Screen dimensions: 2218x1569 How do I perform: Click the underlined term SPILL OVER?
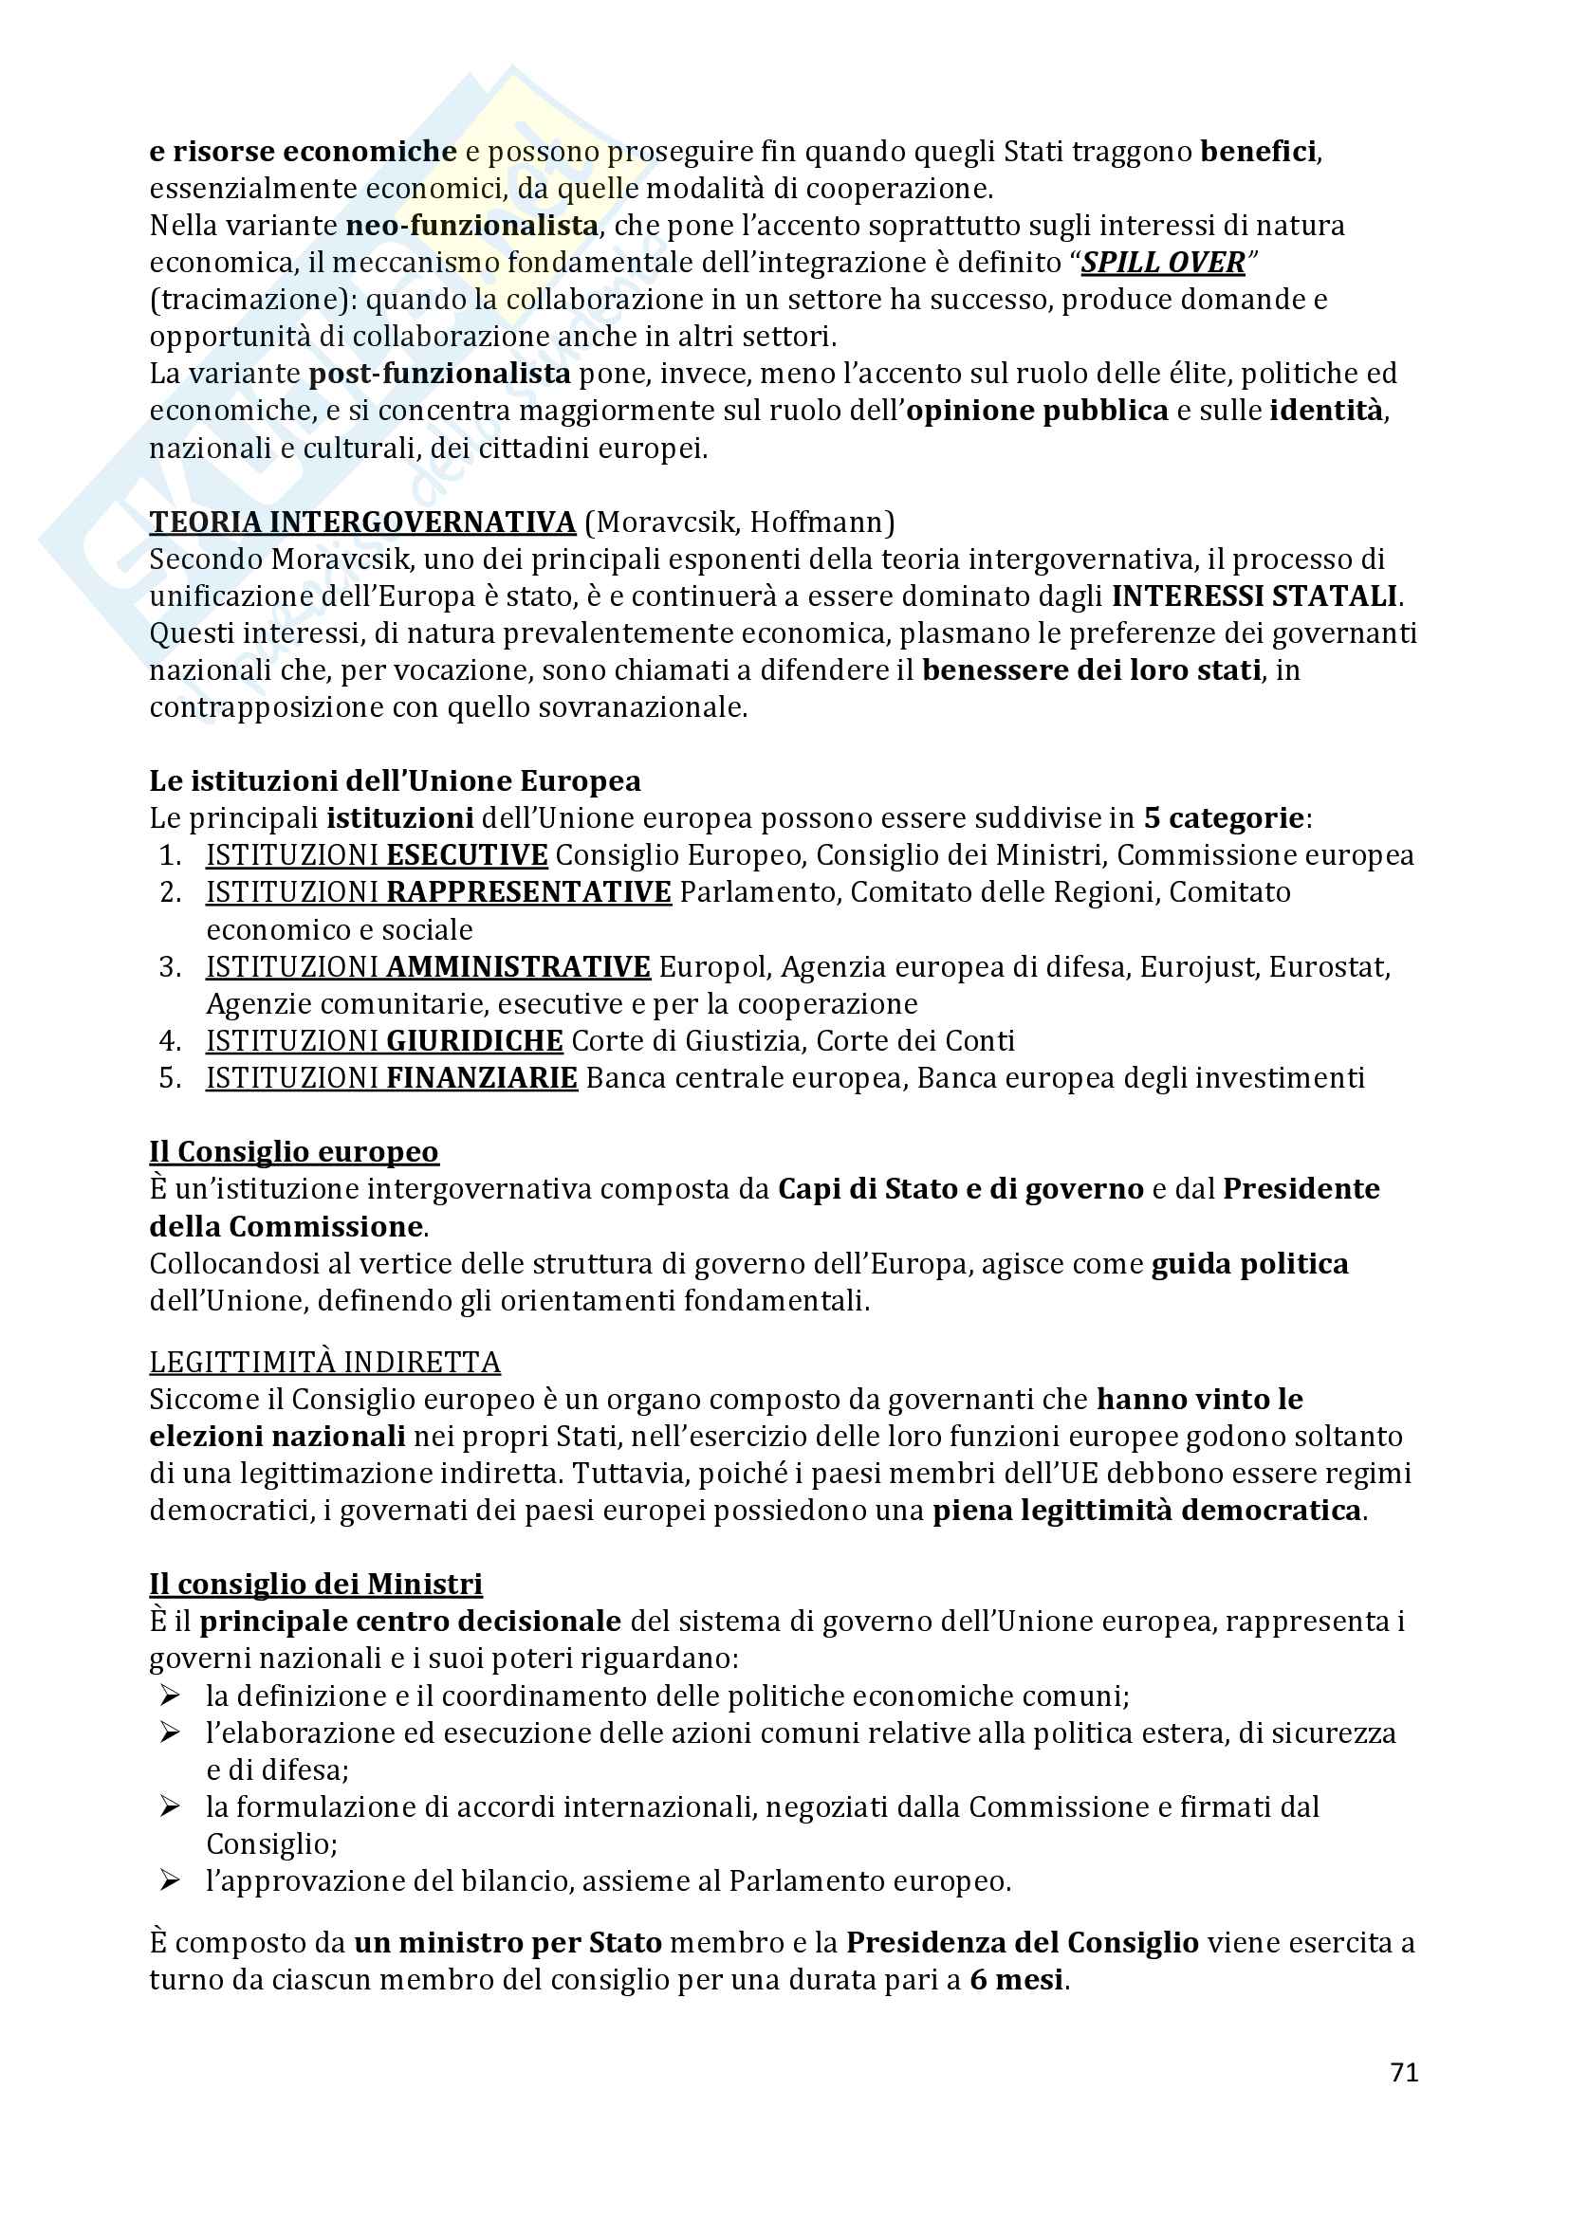[x=1163, y=263]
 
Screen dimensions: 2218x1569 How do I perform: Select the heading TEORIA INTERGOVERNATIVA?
[x=362, y=522]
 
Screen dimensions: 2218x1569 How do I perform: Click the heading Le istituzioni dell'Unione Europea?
[x=395, y=780]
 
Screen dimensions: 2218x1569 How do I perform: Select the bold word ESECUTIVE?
[x=467, y=855]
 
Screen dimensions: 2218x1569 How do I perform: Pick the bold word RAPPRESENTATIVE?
[x=528, y=891]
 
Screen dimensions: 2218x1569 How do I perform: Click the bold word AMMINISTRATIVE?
[x=518, y=967]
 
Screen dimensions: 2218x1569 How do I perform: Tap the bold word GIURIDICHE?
[x=474, y=1040]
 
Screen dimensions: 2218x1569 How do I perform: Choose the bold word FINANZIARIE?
[x=481, y=1077]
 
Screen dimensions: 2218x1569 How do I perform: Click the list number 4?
[x=170, y=1040]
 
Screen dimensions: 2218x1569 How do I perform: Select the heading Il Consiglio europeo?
[x=294, y=1151]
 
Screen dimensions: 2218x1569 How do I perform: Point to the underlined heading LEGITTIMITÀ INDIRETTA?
[x=324, y=1362]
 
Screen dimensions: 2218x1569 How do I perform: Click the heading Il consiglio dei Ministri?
[x=316, y=1585]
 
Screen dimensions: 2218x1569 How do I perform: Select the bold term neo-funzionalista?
[x=471, y=226]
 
